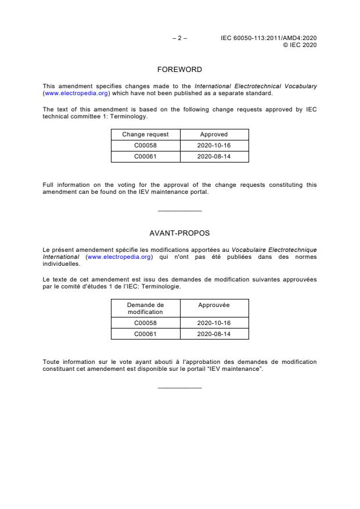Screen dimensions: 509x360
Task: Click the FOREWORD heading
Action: [179, 70]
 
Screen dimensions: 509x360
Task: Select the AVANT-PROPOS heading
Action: [179, 234]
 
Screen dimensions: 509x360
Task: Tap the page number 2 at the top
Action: [179, 38]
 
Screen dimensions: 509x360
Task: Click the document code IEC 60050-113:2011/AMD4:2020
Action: [268, 38]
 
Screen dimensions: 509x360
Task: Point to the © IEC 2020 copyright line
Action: [299, 45]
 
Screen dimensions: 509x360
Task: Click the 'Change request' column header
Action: [145, 135]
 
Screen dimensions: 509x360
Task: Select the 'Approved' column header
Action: [214, 135]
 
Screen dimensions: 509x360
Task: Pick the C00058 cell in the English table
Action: [145, 146]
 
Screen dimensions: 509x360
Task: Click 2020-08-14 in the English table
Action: [214, 157]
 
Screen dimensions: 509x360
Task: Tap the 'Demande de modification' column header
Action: [145, 308]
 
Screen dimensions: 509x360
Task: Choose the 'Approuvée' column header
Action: [214, 305]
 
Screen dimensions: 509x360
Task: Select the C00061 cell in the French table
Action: [145, 334]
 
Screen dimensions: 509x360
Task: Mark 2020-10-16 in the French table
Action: [214, 323]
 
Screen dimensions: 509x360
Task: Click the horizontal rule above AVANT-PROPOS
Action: [179, 211]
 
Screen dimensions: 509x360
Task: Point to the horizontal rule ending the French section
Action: [179, 387]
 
